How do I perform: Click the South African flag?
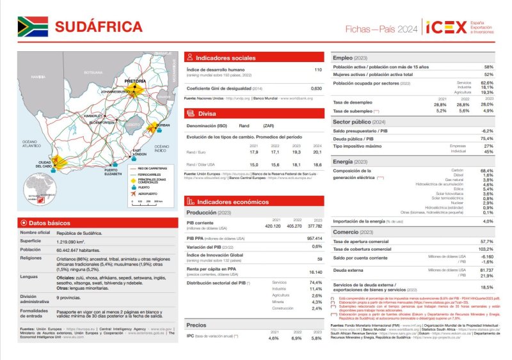32,26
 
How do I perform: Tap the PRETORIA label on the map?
135,82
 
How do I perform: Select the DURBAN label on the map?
163,125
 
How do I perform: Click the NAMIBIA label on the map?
38,76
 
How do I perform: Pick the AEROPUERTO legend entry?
147,193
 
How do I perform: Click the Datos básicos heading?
45,223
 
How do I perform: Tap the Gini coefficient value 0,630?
316,88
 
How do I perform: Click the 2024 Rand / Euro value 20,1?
317,152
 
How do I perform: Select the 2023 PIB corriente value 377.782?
315,226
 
